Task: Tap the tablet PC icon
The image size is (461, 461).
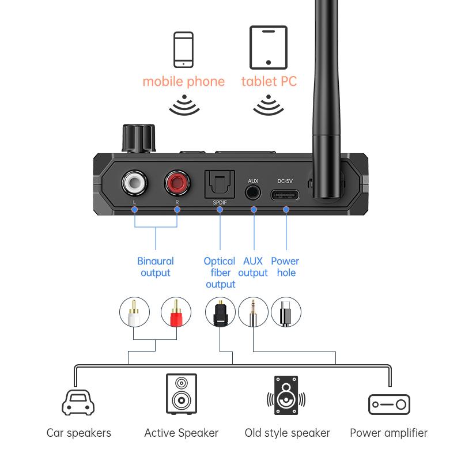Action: [269, 47]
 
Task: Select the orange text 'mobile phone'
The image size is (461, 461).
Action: [183, 81]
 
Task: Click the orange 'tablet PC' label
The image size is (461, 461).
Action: [269, 81]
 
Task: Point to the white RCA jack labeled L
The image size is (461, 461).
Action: [134, 184]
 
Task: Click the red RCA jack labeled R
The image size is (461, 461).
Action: [177, 184]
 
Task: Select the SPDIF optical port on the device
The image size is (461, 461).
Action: [219, 186]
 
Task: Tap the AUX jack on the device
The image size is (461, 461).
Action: [253, 192]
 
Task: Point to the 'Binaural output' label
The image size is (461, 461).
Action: [155, 267]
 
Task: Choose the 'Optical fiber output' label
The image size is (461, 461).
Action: [220, 273]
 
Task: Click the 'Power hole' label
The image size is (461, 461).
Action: [285, 267]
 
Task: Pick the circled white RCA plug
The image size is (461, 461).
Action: [134, 312]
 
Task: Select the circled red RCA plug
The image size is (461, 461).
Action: [176, 312]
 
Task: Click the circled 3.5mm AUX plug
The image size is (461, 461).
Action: [253, 312]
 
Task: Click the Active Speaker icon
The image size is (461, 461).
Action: [181, 394]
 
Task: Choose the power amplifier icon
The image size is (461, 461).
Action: [389, 405]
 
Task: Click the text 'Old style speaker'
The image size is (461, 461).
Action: [287, 433]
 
